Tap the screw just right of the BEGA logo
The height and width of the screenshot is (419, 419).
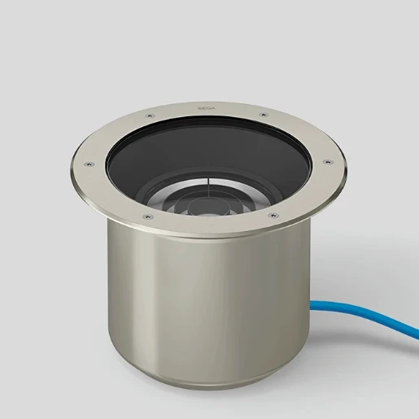[261, 115]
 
